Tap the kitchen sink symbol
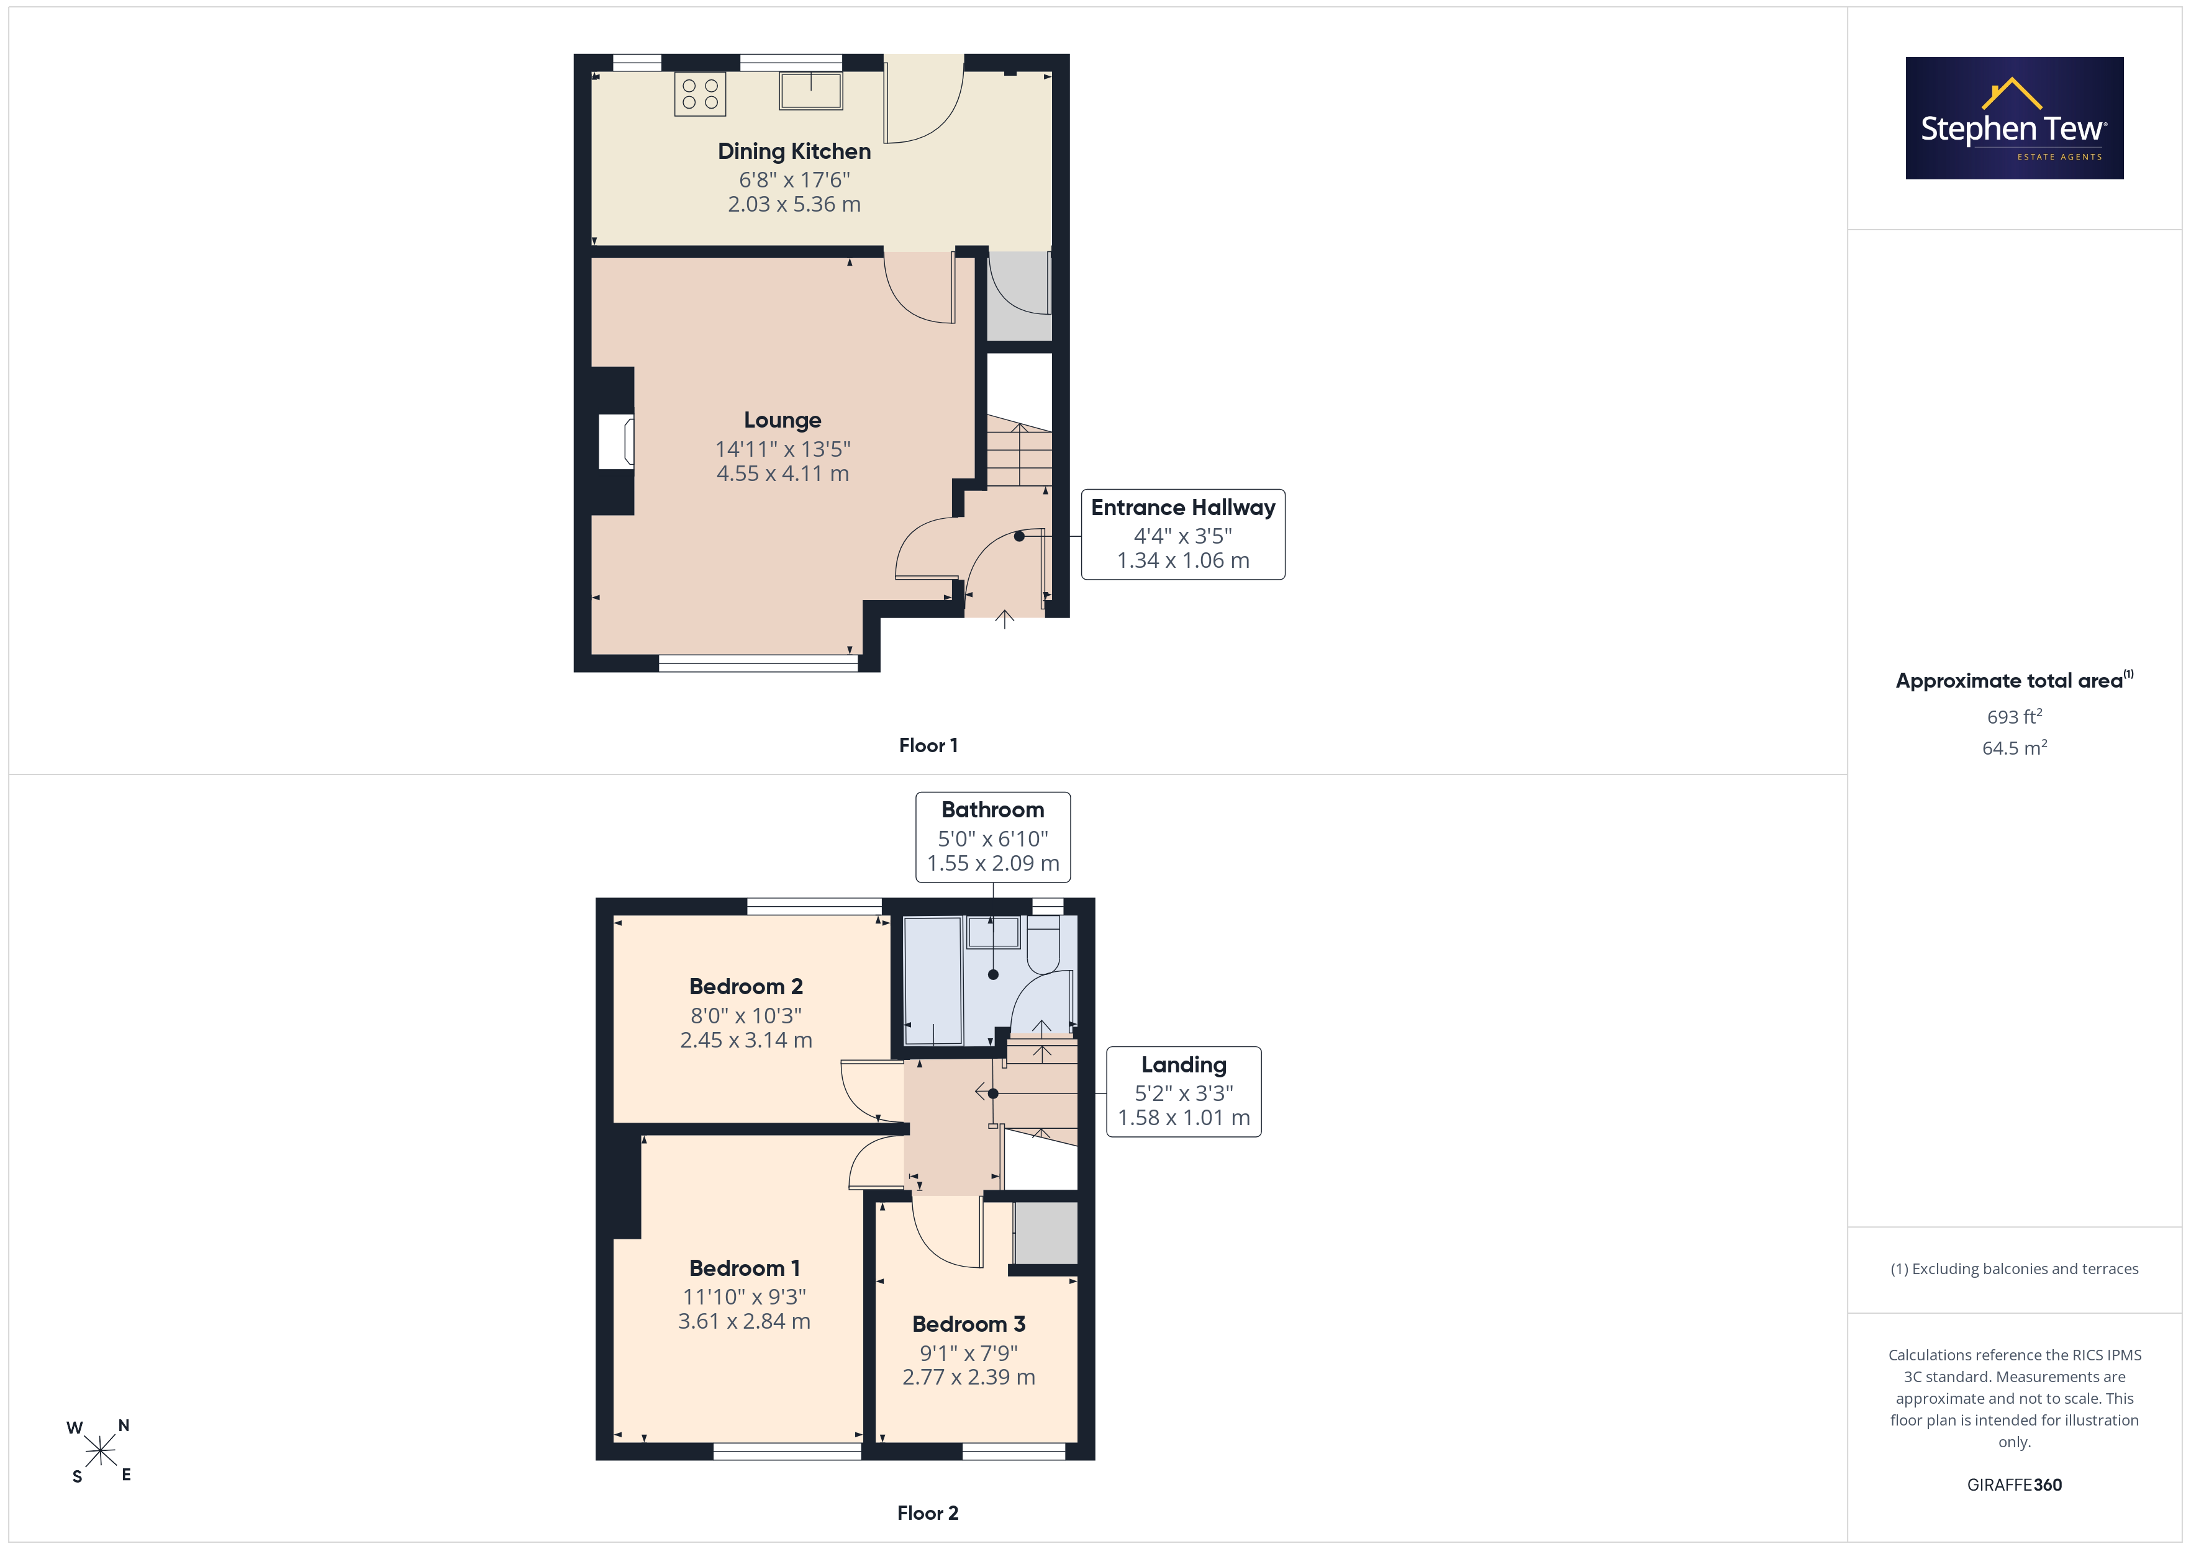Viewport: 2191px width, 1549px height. (810, 91)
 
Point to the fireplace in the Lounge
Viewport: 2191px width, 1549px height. (615, 441)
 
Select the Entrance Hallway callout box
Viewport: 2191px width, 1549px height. (1182, 534)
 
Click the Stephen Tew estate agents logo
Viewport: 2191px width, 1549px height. (2015, 119)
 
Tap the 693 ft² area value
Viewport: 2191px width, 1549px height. (2015, 716)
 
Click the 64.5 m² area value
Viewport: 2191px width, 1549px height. (2015, 748)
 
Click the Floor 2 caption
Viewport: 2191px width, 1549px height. (928, 1513)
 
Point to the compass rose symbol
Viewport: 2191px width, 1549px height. (99, 1451)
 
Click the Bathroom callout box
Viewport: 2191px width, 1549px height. (992, 837)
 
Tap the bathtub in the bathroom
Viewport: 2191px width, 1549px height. (932, 981)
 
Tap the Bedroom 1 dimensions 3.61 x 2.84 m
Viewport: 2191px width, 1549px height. (745, 1322)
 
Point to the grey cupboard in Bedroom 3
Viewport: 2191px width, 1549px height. (1046, 1232)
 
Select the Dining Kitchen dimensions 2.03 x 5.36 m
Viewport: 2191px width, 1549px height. (794, 204)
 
